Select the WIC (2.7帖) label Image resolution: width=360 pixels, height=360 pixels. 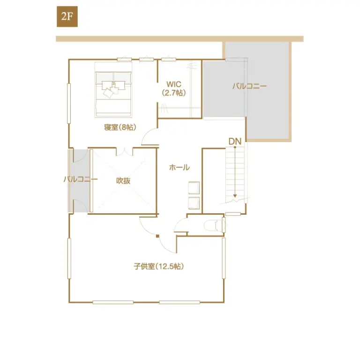pos(174,89)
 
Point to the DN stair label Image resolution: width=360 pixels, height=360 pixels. pos(234,141)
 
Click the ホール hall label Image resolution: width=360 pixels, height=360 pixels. pos(179,167)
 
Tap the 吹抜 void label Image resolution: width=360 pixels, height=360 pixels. pos(123,180)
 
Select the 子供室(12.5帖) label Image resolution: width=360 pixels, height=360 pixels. pos(158,267)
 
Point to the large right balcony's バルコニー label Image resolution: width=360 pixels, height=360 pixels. pos(249,86)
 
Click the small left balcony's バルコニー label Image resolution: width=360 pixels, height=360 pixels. pos(81,180)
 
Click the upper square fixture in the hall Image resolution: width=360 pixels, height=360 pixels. pos(194,188)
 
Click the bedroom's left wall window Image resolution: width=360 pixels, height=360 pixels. pos(69,104)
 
